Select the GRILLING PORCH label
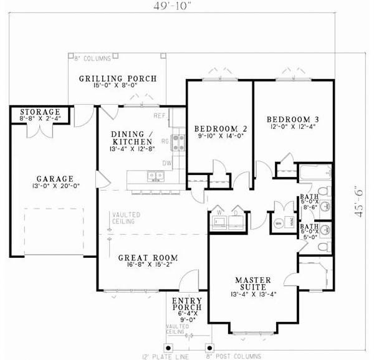[x=117, y=79]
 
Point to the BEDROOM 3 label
[x=293, y=119]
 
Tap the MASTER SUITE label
[x=252, y=280]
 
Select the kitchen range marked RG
[x=178, y=142]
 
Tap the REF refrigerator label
[x=158, y=116]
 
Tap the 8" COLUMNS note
[x=92, y=59]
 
